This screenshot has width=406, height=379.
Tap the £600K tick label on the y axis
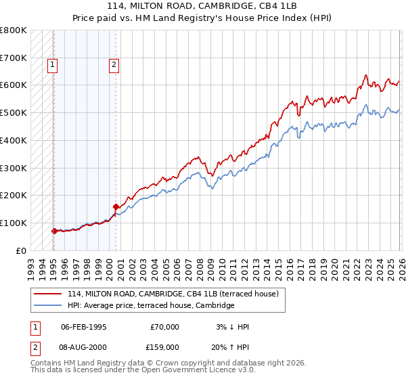[x=14, y=85]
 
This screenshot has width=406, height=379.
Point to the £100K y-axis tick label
[x=14, y=223]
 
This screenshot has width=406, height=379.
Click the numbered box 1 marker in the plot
[x=53, y=65]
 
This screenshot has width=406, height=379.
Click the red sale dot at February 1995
[x=54, y=231]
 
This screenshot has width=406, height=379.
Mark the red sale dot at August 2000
[x=116, y=206]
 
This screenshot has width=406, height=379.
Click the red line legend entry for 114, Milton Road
[x=176, y=293]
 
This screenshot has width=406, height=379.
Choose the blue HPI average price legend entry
[x=150, y=305]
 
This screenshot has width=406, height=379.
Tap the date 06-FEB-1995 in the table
[x=83, y=327]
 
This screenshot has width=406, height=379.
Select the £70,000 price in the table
[x=165, y=327]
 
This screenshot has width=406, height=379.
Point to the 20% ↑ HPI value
[x=231, y=346]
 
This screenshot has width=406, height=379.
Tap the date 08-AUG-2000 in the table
[x=84, y=346]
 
